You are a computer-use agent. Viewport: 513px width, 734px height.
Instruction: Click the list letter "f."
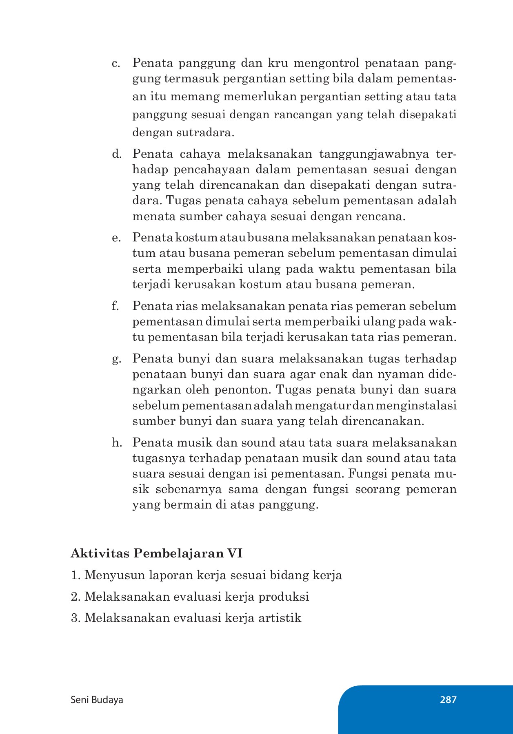[116, 306]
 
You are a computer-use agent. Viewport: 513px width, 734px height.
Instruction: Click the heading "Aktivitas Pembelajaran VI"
[156, 554]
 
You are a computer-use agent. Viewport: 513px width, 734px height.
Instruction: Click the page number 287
[448, 700]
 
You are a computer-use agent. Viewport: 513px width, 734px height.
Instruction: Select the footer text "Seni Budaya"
[97, 700]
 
